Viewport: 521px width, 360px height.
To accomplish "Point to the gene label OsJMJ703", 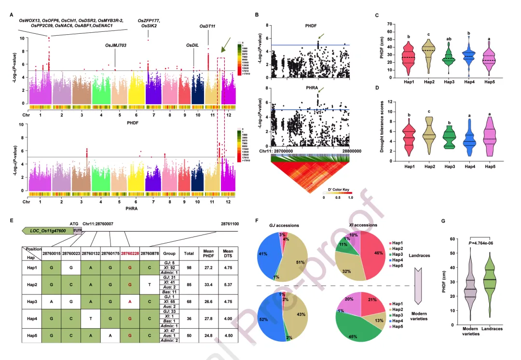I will [x=115, y=45].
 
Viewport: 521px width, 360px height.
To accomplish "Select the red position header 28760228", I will [x=130, y=253].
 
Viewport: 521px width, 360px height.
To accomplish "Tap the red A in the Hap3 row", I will [x=130, y=302].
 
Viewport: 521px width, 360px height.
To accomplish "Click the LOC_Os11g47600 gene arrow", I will [x=47, y=231].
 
